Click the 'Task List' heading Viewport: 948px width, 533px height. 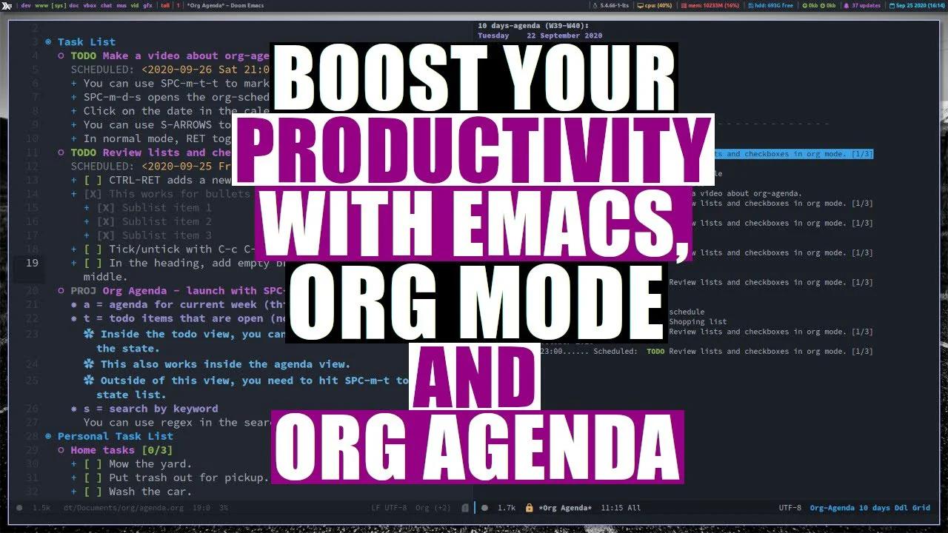click(86, 42)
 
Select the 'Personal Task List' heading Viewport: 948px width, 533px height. click(115, 436)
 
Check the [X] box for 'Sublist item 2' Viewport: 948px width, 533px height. click(106, 221)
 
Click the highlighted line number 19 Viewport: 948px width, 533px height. click(33, 263)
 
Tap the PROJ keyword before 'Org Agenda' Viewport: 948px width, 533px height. click(83, 291)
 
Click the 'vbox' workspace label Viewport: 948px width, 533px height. click(89, 5)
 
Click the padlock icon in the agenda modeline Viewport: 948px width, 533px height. click(529, 508)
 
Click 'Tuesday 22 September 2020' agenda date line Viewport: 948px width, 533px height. click(540, 36)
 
